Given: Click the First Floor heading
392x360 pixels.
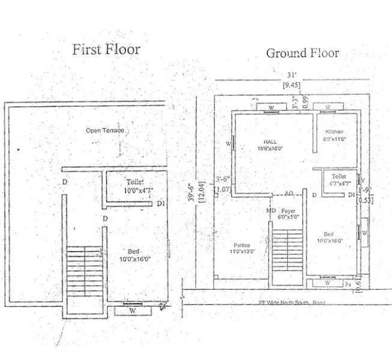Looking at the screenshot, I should tap(106, 49).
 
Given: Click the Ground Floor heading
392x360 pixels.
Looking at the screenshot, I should tap(302, 53).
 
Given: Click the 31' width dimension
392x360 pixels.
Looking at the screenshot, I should tap(291, 75).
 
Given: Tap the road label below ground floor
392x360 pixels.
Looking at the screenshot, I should tap(289, 303).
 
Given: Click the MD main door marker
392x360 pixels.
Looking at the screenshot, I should tap(271, 211).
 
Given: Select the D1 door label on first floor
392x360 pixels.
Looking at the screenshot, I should tap(160, 205).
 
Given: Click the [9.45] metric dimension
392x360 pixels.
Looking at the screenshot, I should tap(291, 85).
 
